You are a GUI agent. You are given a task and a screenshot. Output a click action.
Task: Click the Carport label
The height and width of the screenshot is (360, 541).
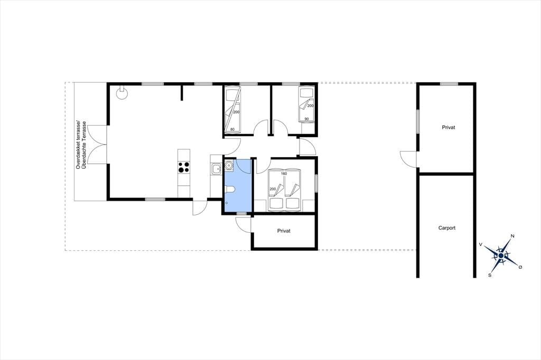point(447,228)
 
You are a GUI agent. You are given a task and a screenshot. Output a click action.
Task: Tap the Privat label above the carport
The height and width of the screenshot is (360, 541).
point(448,127)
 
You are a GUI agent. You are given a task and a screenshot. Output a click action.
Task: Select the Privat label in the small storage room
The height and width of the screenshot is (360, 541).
point(284,231)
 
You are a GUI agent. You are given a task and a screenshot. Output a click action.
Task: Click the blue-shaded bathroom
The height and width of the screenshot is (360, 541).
point(238,186)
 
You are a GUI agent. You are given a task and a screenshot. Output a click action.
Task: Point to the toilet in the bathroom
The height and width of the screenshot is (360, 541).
point(229,189)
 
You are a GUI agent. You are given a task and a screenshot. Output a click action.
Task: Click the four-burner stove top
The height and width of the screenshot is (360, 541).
point(184,167)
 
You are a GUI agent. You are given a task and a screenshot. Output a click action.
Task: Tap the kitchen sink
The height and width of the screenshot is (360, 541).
point(216,169)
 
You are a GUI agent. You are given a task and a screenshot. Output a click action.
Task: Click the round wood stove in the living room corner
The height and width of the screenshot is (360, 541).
point(122,93)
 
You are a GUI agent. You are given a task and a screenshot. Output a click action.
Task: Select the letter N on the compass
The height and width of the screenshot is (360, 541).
point(512,236)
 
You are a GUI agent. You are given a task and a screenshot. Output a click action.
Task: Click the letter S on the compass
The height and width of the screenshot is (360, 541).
point(490,275)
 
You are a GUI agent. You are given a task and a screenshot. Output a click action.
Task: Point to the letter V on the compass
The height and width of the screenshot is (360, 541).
point(481,244)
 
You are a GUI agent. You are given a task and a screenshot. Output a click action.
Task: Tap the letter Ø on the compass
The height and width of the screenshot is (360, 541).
point(520,267)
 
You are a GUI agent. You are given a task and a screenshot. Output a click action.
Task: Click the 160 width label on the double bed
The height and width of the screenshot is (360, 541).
point(284,174)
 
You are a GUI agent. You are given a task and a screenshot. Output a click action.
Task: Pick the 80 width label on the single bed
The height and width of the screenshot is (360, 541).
point(232,130)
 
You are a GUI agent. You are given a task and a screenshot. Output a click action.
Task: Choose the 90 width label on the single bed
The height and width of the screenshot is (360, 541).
point(306,119)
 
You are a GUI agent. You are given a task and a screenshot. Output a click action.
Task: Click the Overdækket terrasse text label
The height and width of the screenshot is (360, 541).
point(78,145)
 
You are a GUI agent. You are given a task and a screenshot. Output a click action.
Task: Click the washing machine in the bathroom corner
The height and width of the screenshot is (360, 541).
point(229,165)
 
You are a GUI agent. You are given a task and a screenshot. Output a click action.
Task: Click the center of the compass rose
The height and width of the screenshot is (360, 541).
point(501,255)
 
